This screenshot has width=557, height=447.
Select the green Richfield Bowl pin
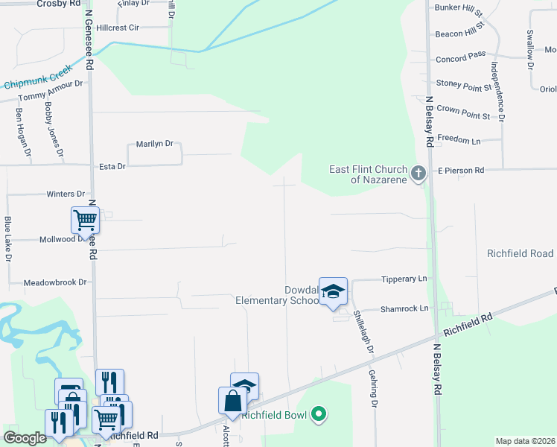click(319, 413)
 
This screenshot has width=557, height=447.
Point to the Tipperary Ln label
click(404, 279)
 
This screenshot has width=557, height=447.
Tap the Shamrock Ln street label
click(404, 308)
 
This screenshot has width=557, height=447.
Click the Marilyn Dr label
click(154, 144)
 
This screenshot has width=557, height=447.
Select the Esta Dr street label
click(112, 166)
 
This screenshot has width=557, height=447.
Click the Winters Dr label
click(66, 194)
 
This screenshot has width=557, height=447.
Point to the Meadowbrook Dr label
click(55, 282)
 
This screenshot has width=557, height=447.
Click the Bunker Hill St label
click(459, 13)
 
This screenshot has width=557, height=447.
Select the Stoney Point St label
click(464, 83)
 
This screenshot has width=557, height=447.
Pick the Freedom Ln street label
click(459, 139)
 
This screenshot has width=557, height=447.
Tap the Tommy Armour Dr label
click(51, 91)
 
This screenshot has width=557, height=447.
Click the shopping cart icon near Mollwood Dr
click(85, 221)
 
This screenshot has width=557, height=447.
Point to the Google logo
click(25, 438)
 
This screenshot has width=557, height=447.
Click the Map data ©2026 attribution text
click(525, 441)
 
